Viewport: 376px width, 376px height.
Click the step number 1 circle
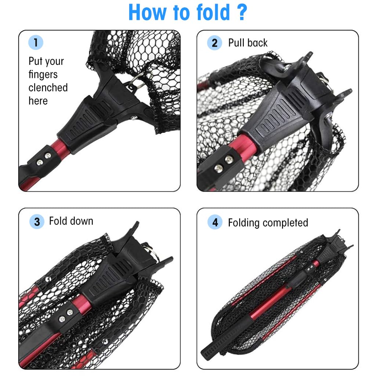tap(36, 43)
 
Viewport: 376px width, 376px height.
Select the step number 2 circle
tap(214, 43)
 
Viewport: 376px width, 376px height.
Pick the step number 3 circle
tap(37, 222)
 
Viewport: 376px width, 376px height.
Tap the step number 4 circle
tap(215, 223)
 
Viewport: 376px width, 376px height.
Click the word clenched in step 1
tap(48, 87)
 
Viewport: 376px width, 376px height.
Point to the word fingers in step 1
tap(43, 75)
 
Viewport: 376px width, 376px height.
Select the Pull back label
tap(248, 43)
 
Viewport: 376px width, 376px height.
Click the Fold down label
tap(71, 221)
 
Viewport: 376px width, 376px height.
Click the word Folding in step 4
tap(244, 223)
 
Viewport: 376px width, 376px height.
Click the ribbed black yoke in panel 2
tap(275, 117)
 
